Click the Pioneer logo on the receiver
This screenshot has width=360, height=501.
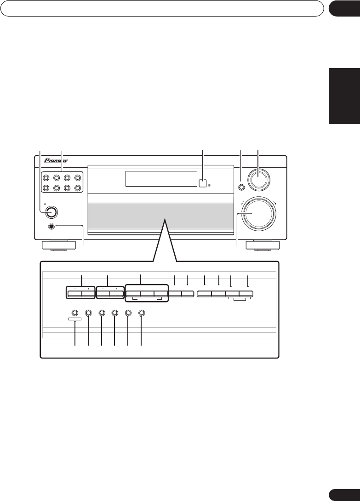point(56,161)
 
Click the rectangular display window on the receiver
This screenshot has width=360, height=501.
point(161,179)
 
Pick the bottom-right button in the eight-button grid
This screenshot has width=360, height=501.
point(78,188)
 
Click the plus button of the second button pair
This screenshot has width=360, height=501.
point(116,293)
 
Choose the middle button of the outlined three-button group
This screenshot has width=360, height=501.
point(147,293)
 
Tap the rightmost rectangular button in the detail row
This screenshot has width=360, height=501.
point(246,293)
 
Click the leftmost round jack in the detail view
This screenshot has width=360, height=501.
point(75,313)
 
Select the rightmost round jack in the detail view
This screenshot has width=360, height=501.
point(141,313)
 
